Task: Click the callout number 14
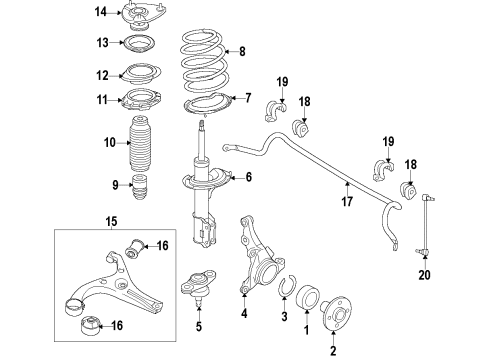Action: coord(100,12)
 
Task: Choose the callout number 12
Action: coord(100,74)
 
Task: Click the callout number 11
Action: coord(100,99)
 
